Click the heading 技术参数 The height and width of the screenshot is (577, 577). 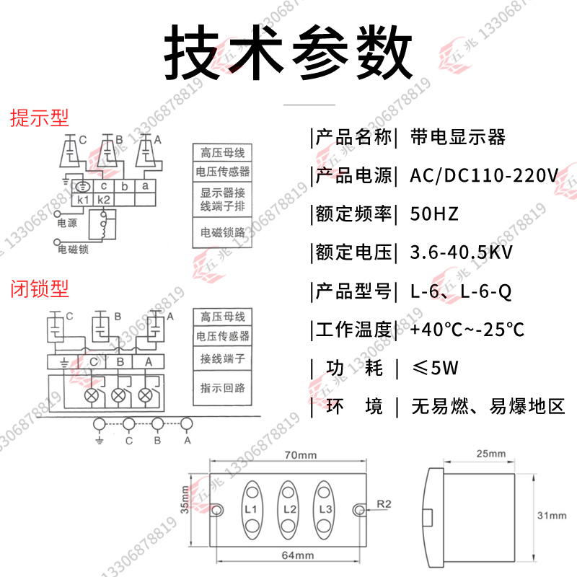click(288, 52)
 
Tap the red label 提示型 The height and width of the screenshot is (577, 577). click(39, 118)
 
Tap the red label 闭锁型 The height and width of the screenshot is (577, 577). click(39, 289)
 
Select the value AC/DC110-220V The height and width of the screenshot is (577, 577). click(483, 175)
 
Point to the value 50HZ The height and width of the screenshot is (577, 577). click(434, 214)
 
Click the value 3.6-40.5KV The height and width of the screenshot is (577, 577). click(462, 253)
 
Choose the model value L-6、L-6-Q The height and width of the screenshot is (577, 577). click(461, 291)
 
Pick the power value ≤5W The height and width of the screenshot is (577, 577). click(434, 369)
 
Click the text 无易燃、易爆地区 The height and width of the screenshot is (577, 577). click(488, 407)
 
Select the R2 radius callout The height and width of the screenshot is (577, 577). click(383, 503)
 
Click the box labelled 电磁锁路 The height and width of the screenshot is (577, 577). click(222, 232)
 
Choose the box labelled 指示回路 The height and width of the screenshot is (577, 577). click(222, 387)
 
